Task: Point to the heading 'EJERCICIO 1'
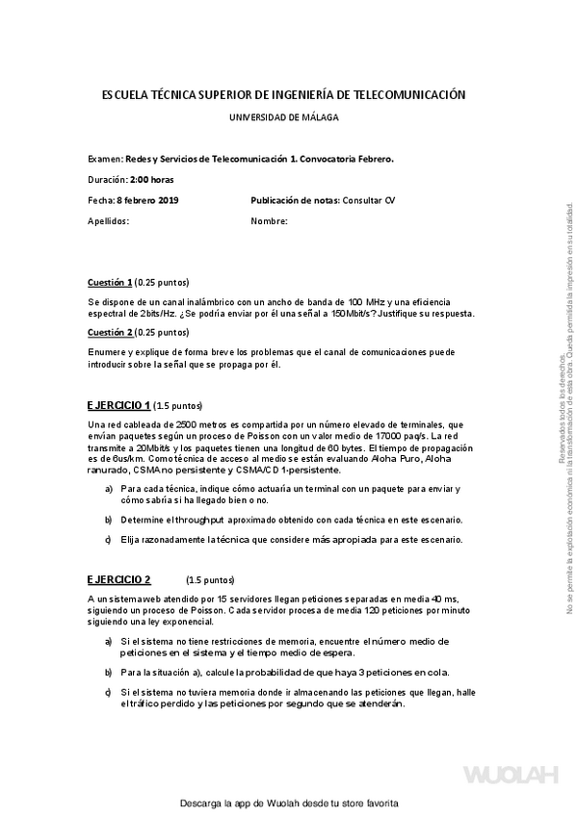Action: (x=118, y=404)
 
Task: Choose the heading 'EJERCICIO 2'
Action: (x=118, y=579)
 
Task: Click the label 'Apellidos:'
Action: (x=108, y=220)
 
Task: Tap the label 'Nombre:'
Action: (x=269, y=220)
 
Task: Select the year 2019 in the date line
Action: (x=169, y=199)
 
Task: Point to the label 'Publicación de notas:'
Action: (x=295, y=199)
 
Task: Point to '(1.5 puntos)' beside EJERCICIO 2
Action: (x=210, y=580)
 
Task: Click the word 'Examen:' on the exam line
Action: (x=105, y=158)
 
